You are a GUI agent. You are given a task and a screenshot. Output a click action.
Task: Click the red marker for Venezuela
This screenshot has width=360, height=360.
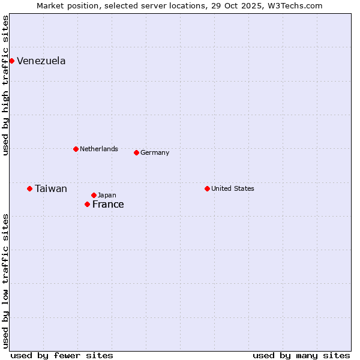11,61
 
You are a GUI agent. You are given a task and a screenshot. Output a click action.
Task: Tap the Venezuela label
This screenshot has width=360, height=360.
41,61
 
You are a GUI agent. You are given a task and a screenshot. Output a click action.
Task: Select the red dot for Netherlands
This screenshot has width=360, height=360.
76,149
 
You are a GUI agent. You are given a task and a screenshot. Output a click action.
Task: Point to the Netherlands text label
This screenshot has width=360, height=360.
98,149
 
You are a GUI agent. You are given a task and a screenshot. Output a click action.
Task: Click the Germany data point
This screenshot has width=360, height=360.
136,152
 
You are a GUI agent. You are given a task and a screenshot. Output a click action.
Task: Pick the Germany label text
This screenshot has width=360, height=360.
155,152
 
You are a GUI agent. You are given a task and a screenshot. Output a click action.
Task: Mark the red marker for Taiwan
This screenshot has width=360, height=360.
29,188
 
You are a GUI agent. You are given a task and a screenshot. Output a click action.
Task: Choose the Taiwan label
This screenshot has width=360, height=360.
50,188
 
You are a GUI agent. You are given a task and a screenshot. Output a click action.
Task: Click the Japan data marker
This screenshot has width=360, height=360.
94,195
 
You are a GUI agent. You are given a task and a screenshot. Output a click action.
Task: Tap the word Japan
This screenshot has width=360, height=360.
107,195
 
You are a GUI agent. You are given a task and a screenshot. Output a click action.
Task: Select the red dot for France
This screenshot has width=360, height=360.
87,204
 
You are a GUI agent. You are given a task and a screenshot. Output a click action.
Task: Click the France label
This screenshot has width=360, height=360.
108,204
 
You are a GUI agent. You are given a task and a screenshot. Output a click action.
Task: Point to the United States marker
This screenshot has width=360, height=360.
207,188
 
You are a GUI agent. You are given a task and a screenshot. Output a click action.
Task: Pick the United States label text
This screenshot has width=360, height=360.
232,188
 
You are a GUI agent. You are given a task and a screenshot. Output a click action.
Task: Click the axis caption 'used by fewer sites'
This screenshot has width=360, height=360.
62,355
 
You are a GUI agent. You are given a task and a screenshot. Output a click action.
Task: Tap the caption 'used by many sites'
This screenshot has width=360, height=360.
301,355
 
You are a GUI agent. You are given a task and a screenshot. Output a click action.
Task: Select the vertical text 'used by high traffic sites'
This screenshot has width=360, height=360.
5,85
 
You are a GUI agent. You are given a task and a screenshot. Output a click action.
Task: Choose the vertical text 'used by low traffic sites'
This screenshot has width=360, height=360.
5,280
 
